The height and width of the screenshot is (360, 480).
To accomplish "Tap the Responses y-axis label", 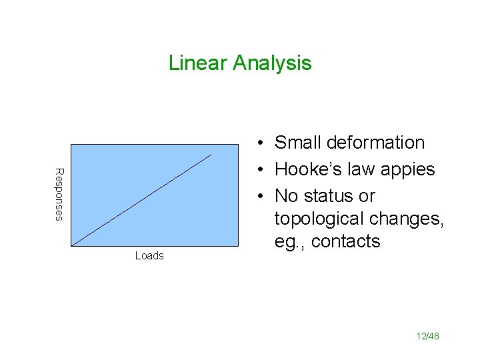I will coord(59,195).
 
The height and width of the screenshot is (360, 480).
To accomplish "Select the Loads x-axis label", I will coord(149,256).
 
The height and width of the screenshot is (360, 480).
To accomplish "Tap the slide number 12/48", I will coord(426,336).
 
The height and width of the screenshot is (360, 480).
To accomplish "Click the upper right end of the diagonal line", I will coord(211,155).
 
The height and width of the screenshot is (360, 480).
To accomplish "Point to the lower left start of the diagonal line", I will coord(71,246).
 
